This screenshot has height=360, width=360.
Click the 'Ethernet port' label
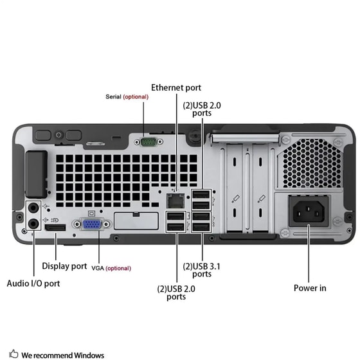coord(176,87)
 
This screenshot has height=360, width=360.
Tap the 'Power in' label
coord(309,288)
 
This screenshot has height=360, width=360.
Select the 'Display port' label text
coord(64,265)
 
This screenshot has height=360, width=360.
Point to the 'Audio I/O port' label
coord(33,283)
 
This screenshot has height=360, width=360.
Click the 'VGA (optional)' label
coord(102,268)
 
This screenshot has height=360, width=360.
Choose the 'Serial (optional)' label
coord(127,96)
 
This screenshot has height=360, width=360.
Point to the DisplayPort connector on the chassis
coord(57,229)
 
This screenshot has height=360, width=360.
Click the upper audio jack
coord(33,207)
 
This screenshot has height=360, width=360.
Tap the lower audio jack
coord(33,224)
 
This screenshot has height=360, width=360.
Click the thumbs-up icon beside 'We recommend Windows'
coord(14,354)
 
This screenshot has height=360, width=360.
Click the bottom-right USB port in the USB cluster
coord(201,226)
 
